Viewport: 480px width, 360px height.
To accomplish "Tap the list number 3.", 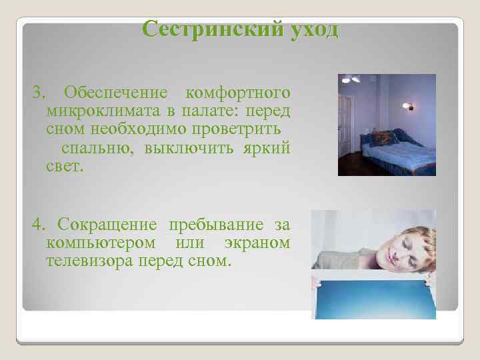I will tap(37, 91).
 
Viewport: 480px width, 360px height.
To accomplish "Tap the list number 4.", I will tap(37, 224).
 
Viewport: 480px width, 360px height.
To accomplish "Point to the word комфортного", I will tap(237, 91).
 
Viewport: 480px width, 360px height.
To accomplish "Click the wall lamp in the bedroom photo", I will tap(408, 105).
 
